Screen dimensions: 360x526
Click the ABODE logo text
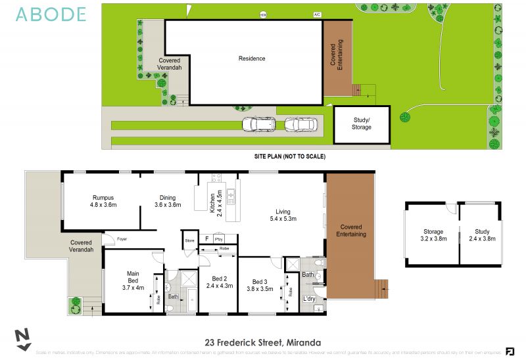(x=51, y=14)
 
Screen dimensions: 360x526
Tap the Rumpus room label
(x=103, y=201)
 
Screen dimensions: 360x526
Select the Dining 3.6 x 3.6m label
(x=168, y=201)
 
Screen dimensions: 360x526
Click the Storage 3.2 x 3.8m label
(x=433, y=235)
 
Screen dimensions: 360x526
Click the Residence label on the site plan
(x=252, y=58)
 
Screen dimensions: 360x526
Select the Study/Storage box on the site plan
(x=362, y=124)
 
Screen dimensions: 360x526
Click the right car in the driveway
(x=299, y=124)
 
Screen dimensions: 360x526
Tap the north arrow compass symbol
(x=23, y=338)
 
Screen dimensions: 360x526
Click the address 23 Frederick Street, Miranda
(x=263, y=342)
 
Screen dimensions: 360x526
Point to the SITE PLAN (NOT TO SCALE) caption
(x=290, y=157)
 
